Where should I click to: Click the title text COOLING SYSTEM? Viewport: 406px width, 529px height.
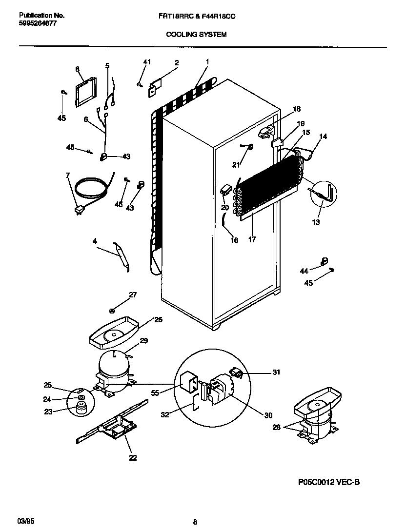click(196, 35)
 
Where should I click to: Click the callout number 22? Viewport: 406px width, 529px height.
click(133, 457)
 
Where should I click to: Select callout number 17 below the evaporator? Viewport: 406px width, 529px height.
click(252, 239)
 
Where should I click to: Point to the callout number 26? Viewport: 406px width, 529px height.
click(158, 320)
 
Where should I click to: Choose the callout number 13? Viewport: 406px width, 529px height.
click(316, 222)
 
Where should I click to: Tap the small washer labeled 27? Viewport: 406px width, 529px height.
click(112, 310)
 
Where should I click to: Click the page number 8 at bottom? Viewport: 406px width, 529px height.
click(195, 522)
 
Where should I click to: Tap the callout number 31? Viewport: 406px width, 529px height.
click(276, 372)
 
